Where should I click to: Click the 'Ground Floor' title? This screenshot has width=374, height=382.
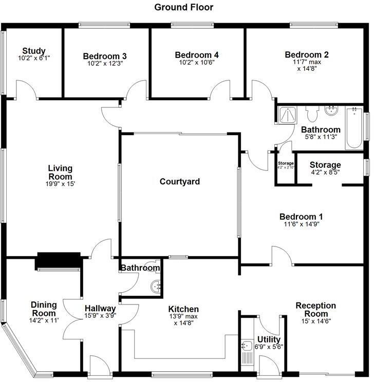183,7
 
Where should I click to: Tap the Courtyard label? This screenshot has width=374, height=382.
179,182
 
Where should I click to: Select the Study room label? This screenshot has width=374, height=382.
34,51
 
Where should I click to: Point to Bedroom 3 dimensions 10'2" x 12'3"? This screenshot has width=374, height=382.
105,64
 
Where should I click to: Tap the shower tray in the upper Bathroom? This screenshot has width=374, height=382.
285,114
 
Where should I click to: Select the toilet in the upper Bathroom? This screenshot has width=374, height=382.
312,112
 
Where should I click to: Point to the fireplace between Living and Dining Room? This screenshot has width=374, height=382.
58,261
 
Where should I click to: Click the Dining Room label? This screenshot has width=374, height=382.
44,309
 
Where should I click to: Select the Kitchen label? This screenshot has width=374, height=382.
183,309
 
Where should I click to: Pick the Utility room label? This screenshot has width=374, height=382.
269,340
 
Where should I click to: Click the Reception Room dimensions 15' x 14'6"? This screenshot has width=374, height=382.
315,321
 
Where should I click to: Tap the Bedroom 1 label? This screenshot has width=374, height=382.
301,217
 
